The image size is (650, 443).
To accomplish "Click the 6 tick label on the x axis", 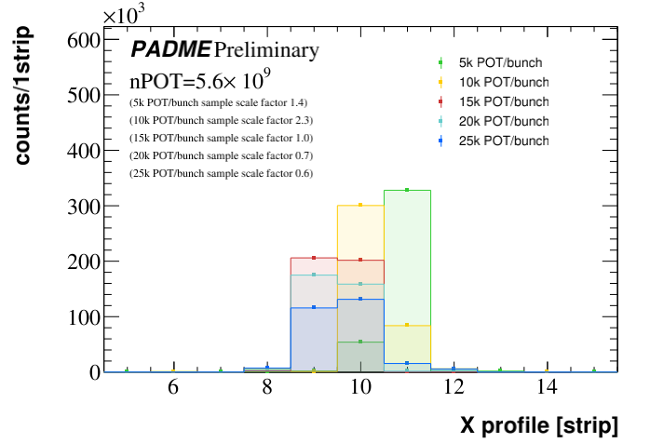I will tap(173, 389).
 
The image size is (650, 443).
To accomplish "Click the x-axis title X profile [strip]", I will tap(539, 426).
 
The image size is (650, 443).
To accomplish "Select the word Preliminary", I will tap(266, 49).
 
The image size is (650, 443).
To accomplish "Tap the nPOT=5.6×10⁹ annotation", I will tap(199, 79).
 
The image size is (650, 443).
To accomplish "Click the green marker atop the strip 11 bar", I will tap(407, 190).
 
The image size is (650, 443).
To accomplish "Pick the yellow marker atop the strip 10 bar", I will tap(360, 205).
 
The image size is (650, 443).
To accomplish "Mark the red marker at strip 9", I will tap(314, 258).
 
